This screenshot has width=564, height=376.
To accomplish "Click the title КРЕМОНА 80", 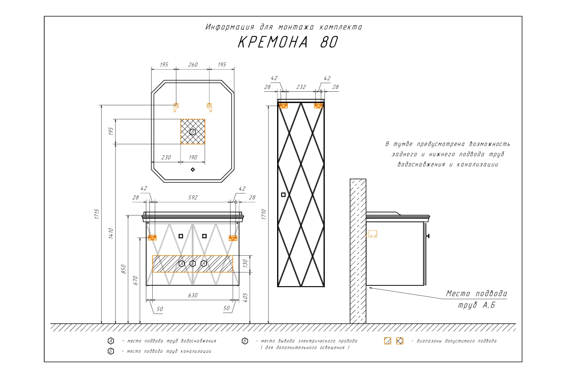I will pyautogui.click(x=288, y=42).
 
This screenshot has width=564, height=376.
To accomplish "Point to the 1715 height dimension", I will pyautogui.click(x=97, y=214).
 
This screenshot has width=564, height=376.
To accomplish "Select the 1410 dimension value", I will pyautogui.click(x=111, y=233).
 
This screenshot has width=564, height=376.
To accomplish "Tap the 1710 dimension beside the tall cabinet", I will pyautogui.click(x=264, y=214).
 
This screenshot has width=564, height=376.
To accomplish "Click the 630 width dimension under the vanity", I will pyautogui.click(x=193, y=296).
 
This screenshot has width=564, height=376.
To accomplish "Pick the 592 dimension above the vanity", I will pyautogui.click(x=193, y=197).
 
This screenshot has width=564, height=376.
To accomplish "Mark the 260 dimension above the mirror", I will pyautogui.click(x=193, y=65).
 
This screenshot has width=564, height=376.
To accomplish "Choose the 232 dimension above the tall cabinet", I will pyautogui.click(x=301, y=87).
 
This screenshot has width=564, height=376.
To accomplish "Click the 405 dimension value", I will pyautogui.click(x=245, y=298).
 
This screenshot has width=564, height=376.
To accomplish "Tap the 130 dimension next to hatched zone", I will pyautogui.click(x=245, y=264).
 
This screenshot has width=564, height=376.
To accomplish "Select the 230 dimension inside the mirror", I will pyautogui.click(x=166, y=158).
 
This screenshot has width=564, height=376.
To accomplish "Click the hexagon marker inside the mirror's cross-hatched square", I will pyautogui.click(x=193, y=132).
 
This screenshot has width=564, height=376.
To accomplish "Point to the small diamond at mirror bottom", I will pyautogui.click(x=193, y=170).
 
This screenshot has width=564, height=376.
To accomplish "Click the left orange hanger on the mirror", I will pyautogui.click(x=176, y=107).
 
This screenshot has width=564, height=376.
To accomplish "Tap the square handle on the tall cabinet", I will pyautogui.click(x=283, y=195).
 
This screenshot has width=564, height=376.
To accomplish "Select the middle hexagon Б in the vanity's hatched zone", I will pyautogui.click(x=193, y=264).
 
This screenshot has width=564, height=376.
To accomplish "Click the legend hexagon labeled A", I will pyautogui.click(x=111, y=341).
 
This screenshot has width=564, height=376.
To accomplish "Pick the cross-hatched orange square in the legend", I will pyautogui.click(x=400, y=341).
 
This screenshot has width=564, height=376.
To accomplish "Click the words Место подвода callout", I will pyautogui.click(x=476, y=294).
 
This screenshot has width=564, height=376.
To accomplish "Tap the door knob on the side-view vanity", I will pyautogui.click(x=428, y=236).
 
